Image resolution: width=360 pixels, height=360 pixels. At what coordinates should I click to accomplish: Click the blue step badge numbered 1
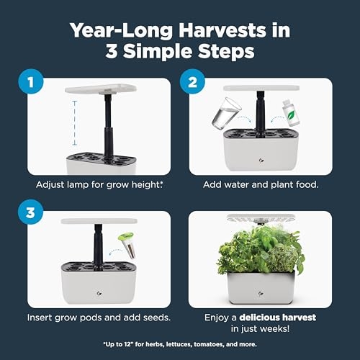tap(28, 82)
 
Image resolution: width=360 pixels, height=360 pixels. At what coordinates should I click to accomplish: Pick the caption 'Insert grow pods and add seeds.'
tap(98, 318)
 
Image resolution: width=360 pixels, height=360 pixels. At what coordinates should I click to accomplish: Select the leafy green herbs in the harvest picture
tap(261, 248)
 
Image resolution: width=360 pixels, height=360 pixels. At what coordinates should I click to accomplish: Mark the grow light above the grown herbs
tap(261, 216)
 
